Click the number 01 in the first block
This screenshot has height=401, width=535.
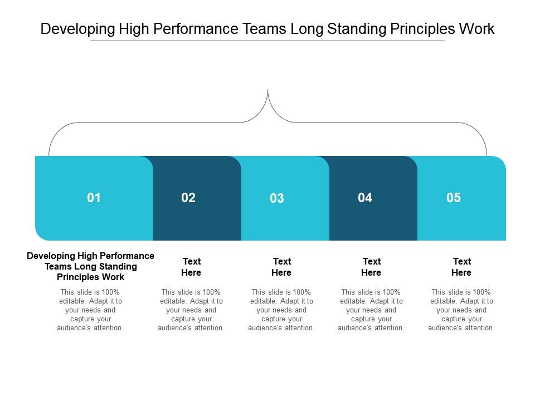pyautogui.click(x=94, y=197)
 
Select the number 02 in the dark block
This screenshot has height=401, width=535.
pyautogui.click(x=188, y=198)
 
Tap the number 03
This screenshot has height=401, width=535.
pyautogui.click(x=277, y=198)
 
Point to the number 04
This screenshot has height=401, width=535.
pyautogui.click(x=365, y=197)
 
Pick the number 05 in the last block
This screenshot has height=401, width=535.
pyautogui.click(x=454, y=197)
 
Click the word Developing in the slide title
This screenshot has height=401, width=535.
pyautogui.click(x=77, y=30)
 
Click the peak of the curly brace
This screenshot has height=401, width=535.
pyautogui.click(x=268, y=91)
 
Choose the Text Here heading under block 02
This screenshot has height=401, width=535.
pyautogui.click(x=191, y=267)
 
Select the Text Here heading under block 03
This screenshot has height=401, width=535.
pyautogui.click(x=281, y=267)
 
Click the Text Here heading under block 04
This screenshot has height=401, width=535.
pyautogui.click(x=371, y=267)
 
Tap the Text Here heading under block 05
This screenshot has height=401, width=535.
pyautogui.click(x=461, y=267)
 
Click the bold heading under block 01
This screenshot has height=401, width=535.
pyautogui.click(x=91, y=266)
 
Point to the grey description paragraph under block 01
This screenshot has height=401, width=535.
pyautogui.click(x=90, y=310)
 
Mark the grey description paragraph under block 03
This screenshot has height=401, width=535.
pyautogui.click(x=281, y=310)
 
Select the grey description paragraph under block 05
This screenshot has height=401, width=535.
pyautogui.click(x=461, y=310)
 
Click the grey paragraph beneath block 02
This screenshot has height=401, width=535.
pyautogui.click(x=191, y=310)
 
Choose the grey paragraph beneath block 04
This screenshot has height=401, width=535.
pyautogui.click(x=371, y=310)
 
